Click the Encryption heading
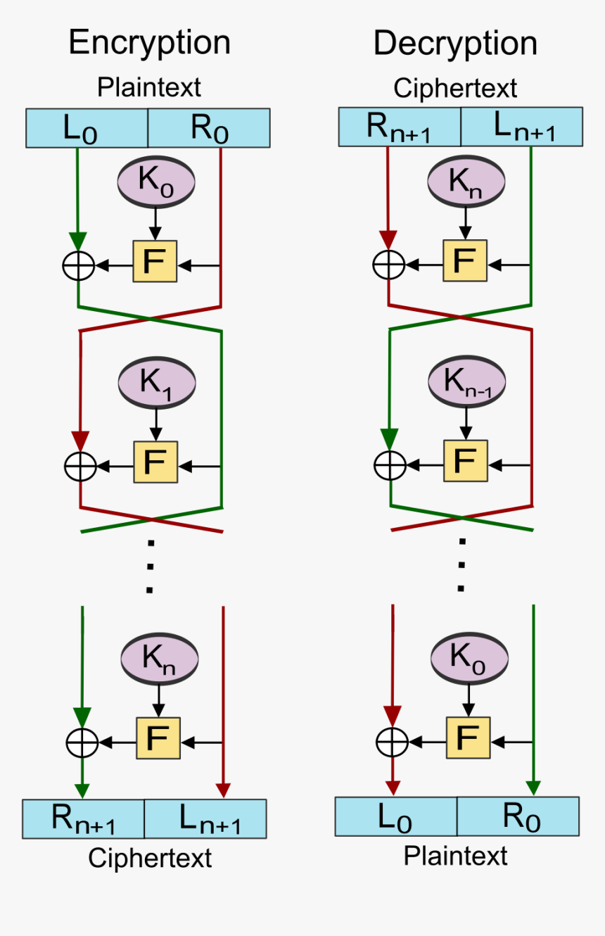[x=149, y=43]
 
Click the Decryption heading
[x=455, y=44]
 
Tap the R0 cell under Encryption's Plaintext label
[x=209, y=128]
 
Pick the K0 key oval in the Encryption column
[x=155, y=182]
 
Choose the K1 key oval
[x=156, y=382]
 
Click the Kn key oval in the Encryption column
[x=160, y=658]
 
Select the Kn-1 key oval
[x=466, y=382]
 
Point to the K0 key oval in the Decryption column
[x=468, y=658]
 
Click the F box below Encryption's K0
[x=155, y=261]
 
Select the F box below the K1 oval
[x=155, y=462]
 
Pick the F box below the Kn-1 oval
[x=465, y=462]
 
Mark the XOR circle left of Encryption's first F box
[x=79, y=265]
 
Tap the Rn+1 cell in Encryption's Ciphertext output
[x=83, y=818]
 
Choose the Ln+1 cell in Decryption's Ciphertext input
[x=521, y=127]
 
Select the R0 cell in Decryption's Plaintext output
[x=518, y=816]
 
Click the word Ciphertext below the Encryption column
[x=150, y=858]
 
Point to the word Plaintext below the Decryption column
[x=455, y=856]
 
